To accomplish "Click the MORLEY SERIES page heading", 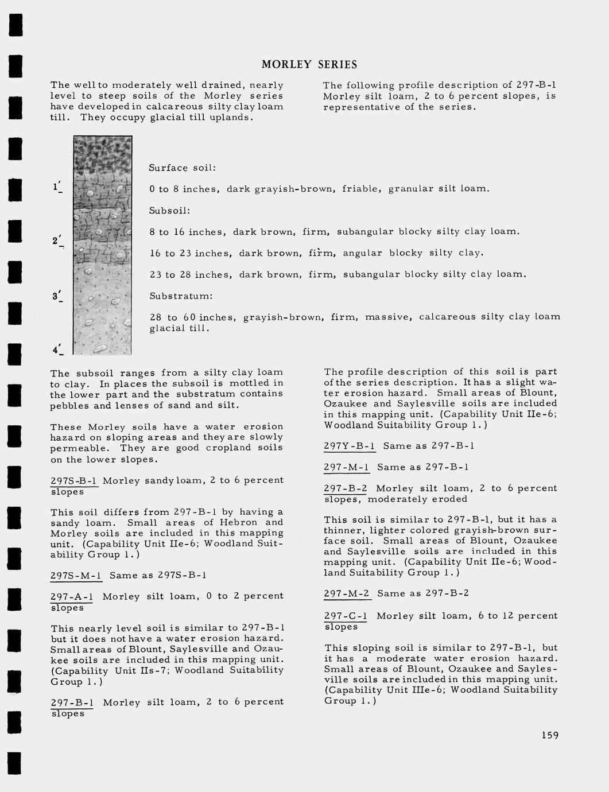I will pos(309,65).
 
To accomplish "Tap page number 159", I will pos(549,735).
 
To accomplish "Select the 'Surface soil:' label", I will pos(182,168).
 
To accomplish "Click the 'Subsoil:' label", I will pos(169,211).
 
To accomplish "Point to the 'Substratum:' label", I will pos(181,296).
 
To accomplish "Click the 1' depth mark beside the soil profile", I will pos(57,187).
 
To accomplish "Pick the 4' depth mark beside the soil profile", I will pos(57,349).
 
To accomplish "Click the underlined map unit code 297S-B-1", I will pos(73,480).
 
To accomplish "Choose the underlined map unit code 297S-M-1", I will pos(76,575).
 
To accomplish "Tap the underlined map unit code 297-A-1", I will pos(72,596).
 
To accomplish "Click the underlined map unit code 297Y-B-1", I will pos(349,446).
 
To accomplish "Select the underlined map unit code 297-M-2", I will pos(346,593).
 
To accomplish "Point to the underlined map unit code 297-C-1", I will pos(346,616).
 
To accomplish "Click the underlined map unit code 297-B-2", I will pos(346,488).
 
